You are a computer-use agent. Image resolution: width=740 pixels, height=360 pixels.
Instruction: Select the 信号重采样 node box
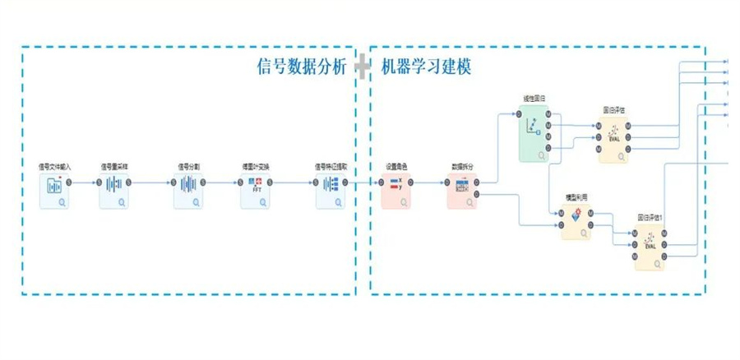point(115,192)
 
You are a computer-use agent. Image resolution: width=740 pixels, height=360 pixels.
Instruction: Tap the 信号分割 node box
point(189,192)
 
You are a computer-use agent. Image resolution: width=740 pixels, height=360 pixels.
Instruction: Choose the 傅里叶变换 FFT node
point(256,192)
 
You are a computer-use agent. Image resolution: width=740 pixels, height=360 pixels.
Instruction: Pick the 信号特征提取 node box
point(331,192)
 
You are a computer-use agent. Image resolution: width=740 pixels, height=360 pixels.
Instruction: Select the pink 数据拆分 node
point(462,192)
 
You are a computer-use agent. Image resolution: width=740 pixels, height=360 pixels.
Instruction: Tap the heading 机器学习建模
point(427,67)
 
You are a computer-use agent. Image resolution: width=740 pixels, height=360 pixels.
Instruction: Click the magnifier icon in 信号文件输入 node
point(62,201)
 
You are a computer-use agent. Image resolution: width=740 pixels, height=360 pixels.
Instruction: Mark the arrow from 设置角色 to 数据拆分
point(429,182)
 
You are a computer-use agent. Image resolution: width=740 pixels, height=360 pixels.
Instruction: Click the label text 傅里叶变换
point(256,167)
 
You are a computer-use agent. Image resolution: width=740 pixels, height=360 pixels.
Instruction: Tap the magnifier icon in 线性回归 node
point(542,154)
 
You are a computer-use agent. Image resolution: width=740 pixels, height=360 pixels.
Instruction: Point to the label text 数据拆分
point(462,167)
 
